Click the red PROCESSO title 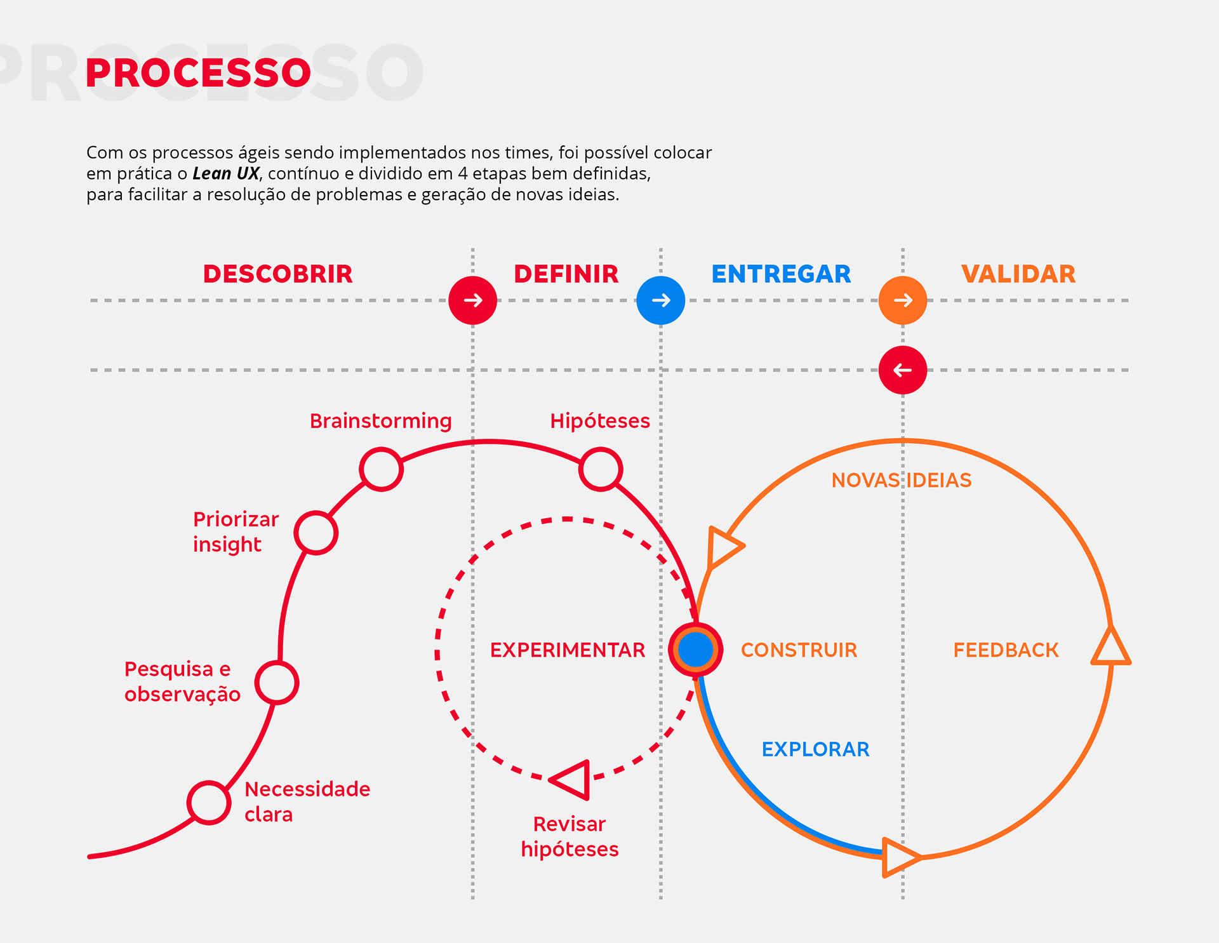point(198,73)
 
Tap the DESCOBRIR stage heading point(277,274)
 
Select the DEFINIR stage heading point(566,274)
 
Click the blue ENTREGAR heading point(781,274)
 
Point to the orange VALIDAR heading point(1018,274)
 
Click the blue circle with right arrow point(661,300)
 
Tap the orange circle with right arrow point(903,300)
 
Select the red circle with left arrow point(903,370)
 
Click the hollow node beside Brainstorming point(381,469)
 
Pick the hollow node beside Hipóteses point(601,469)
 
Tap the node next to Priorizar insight point(316,533)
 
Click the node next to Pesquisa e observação point(277,683)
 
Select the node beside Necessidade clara point(209,803)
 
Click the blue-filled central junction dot point(696,650)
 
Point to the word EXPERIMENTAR point(568,650)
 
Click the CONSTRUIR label point(799,650)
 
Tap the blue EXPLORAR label point(815,749)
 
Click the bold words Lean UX point(226,174)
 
